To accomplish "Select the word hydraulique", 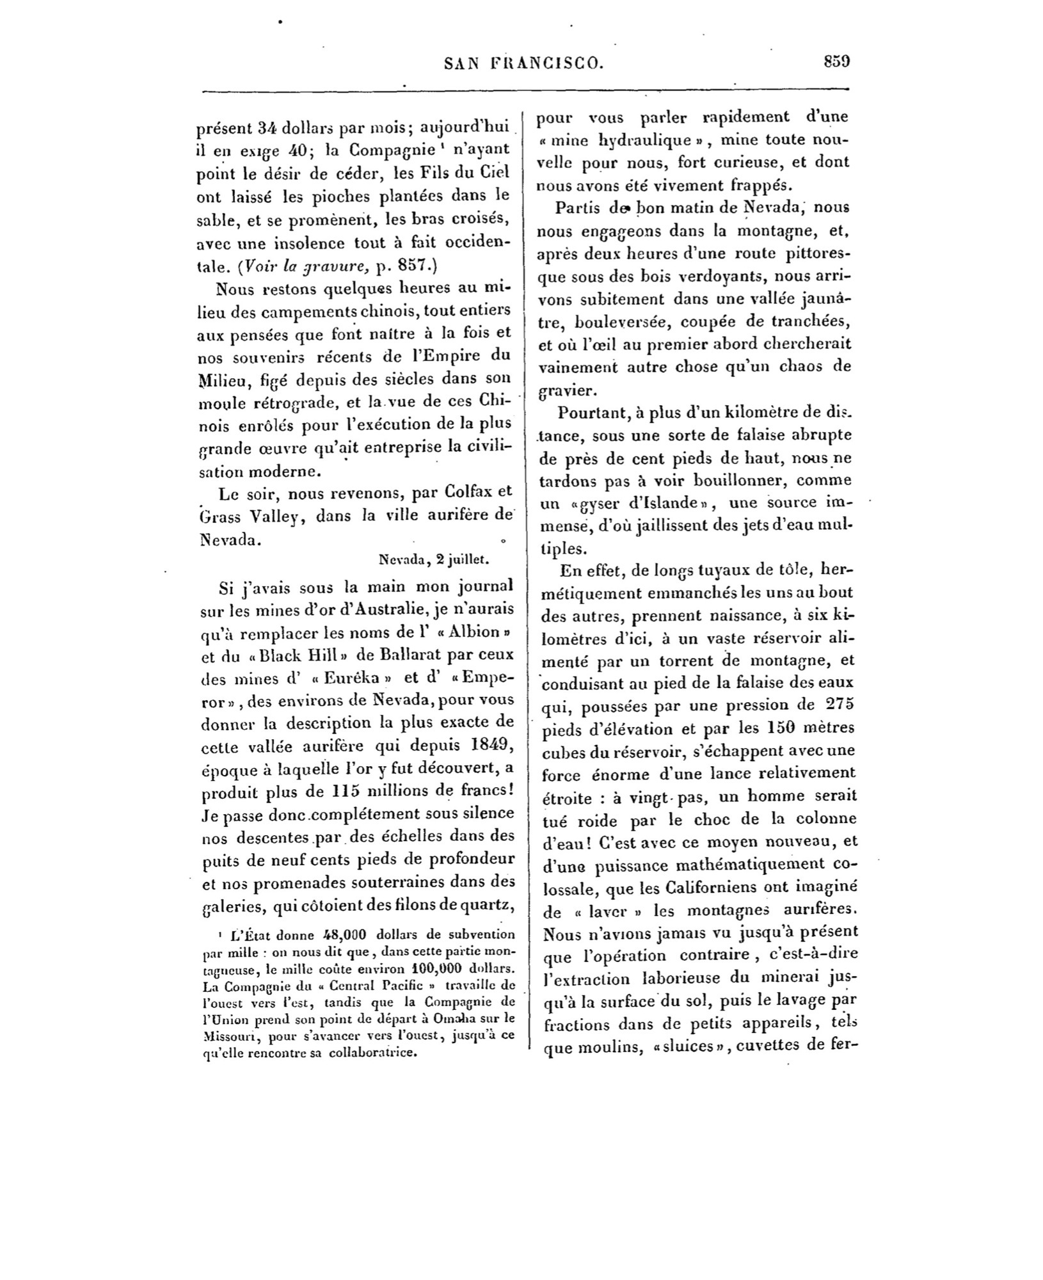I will pyautogui.click(x=649, y=140).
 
